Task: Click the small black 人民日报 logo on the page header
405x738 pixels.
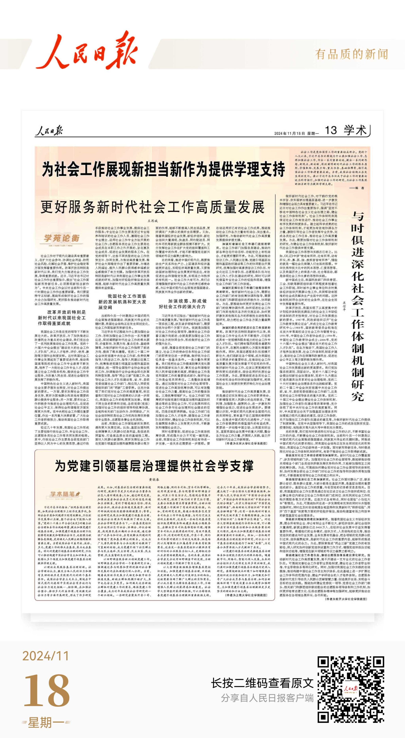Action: (49, 131)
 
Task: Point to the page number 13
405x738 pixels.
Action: (331, 131)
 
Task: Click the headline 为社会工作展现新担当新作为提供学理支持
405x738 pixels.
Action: (164, 169)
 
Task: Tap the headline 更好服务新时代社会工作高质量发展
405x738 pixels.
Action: (152, 207)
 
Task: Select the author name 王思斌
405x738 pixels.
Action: (153, 221)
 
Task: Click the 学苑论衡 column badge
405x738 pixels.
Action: (61, 238)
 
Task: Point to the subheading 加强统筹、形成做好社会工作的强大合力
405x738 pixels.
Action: (183, 304)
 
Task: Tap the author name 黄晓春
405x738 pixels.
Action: (154, 480)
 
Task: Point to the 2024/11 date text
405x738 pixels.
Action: (46, 656)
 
